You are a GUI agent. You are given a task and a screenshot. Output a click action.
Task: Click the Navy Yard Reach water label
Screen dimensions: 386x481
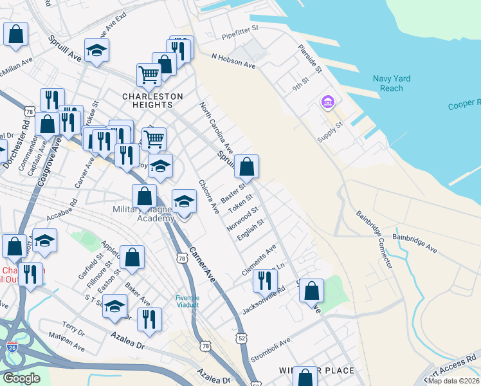coord(392,84)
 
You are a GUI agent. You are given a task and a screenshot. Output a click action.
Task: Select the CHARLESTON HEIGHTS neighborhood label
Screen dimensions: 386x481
coord(152,96)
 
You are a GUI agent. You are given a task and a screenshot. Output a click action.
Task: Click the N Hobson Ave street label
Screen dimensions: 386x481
coord(234,61)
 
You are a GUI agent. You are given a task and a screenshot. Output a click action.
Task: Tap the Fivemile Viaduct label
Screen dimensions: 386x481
coord(188,301)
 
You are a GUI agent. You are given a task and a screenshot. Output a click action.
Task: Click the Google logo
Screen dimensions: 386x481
coord(21,378)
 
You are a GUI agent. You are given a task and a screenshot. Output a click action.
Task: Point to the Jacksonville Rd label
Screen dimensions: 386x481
coord(264,301)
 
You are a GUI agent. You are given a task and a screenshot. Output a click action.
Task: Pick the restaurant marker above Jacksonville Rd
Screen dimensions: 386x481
coord(264,280)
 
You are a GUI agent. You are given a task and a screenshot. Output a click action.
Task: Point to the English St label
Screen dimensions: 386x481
coord(251,230)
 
